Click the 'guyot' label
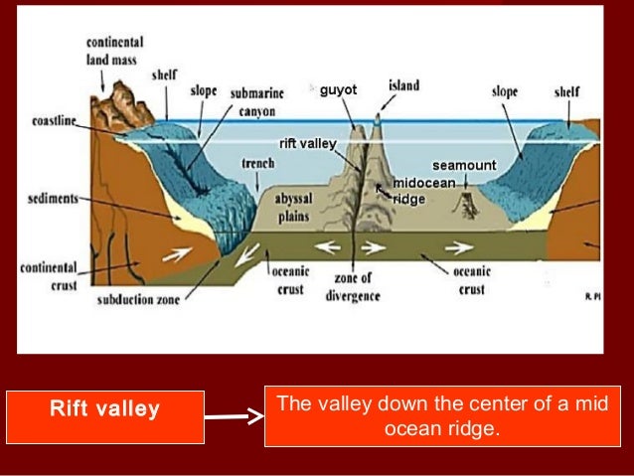[x=337, y=91]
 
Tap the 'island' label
[x=403, y=86]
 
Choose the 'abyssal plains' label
[x=293, y=206]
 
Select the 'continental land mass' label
[x=115, y=51]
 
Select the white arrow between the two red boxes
[x=237, y=417]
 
